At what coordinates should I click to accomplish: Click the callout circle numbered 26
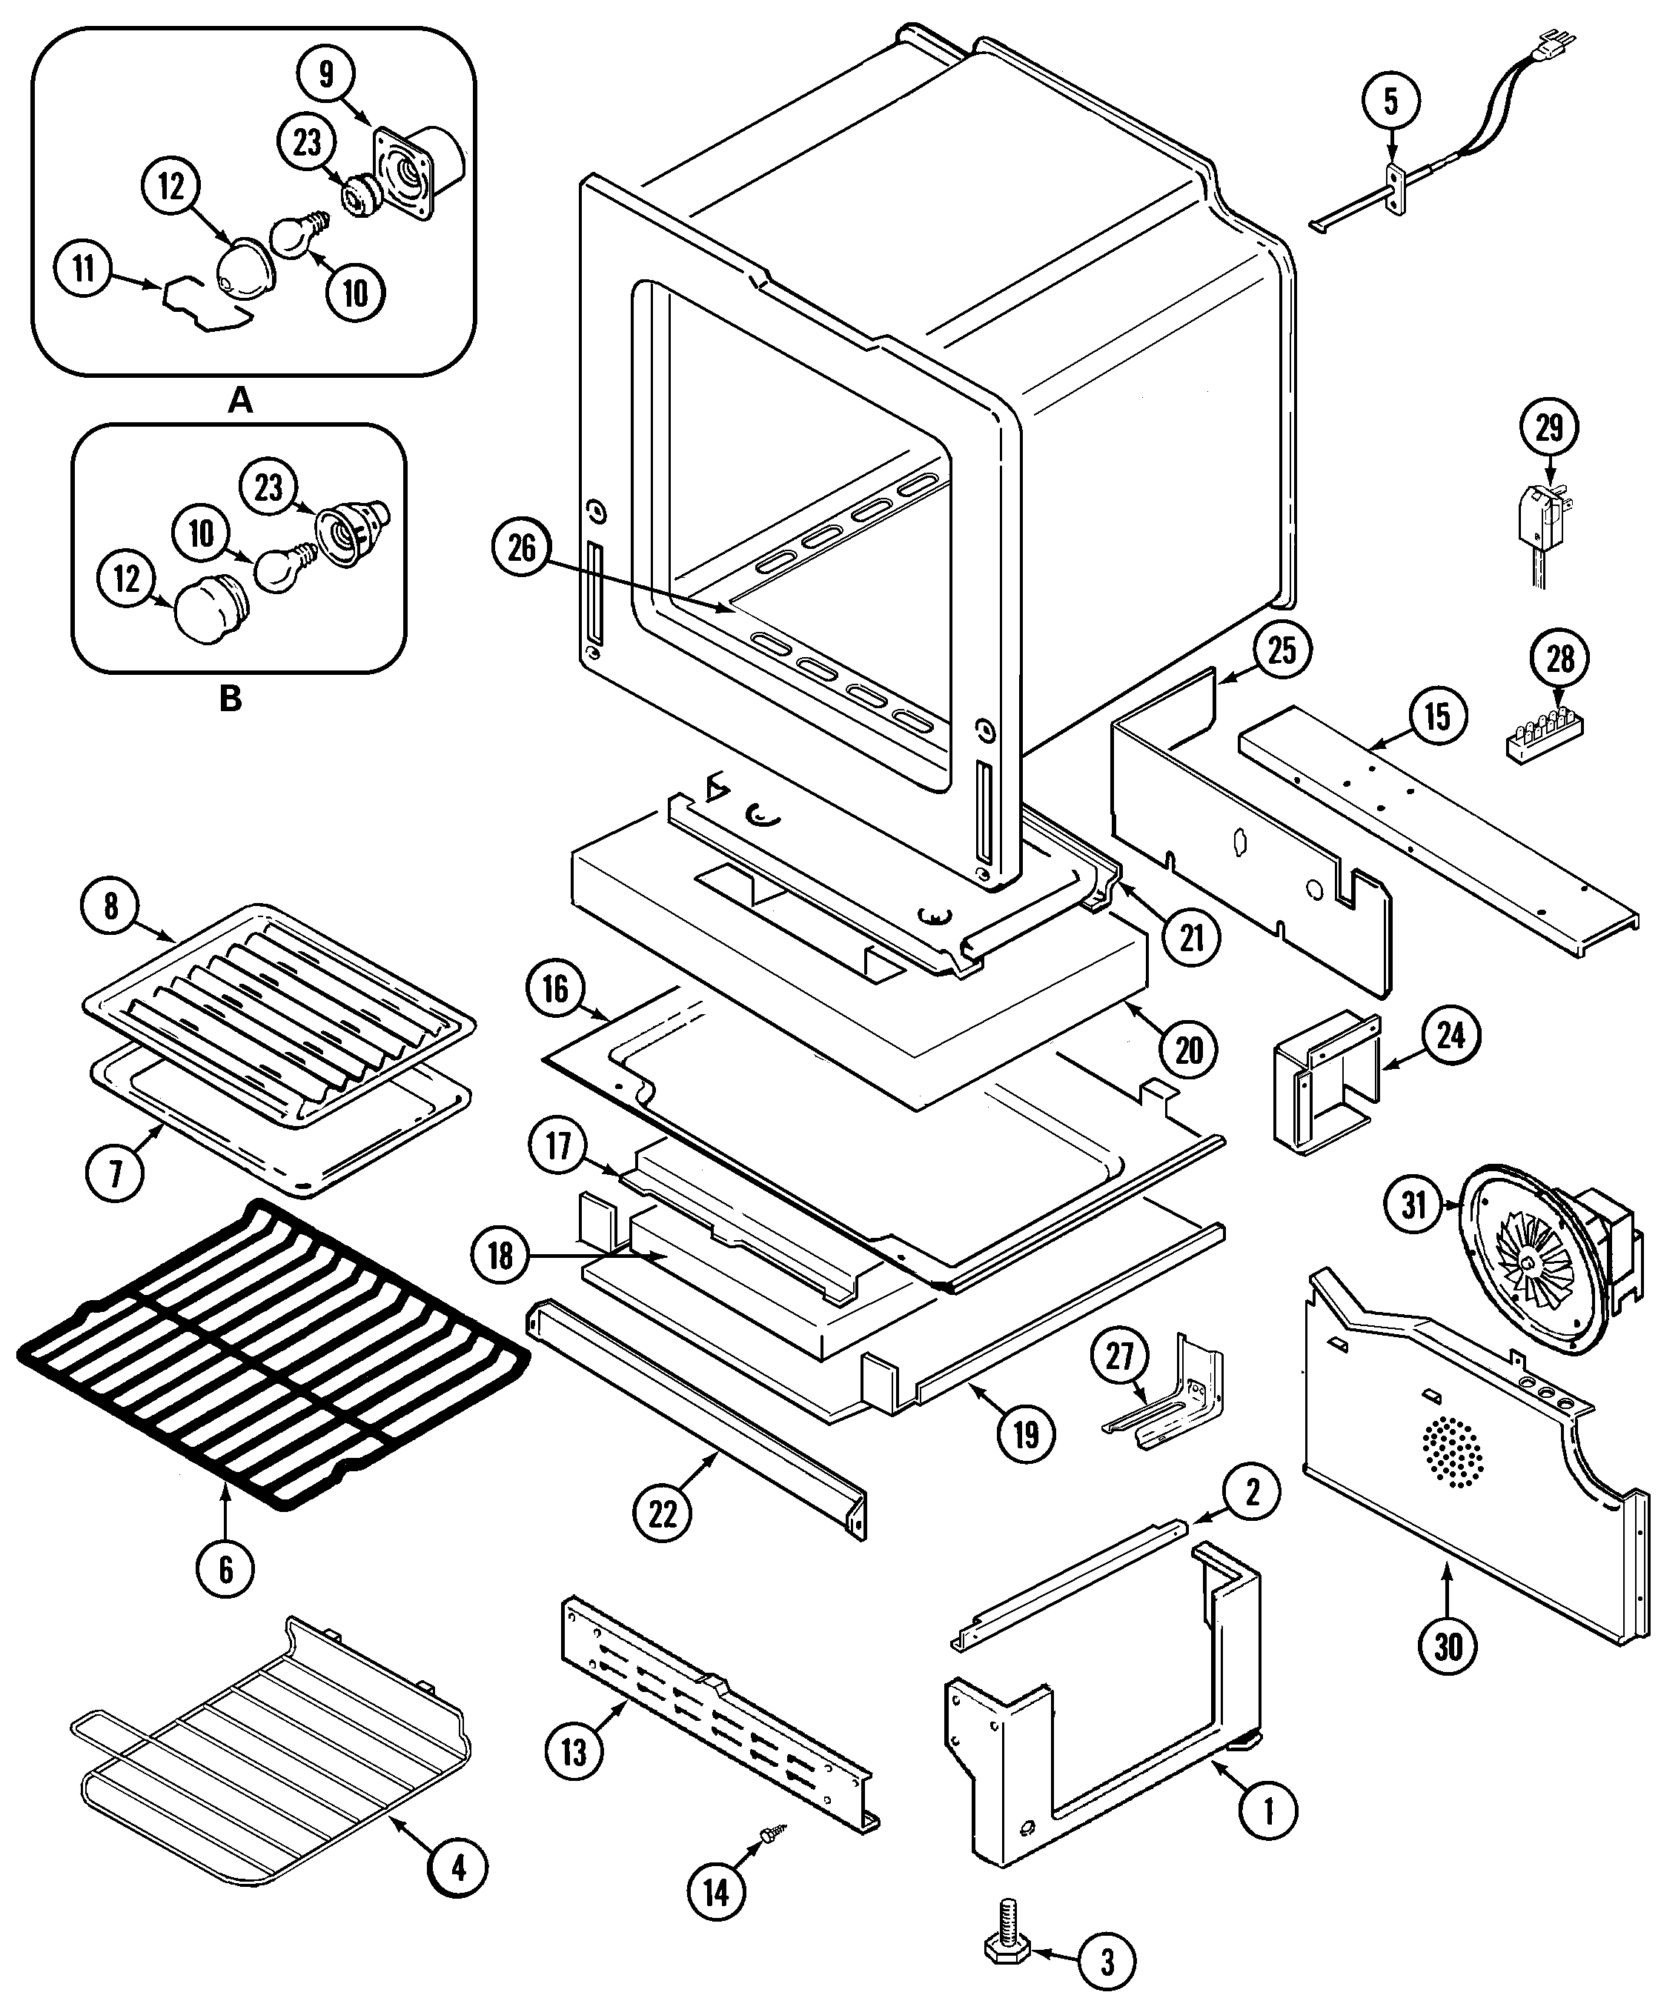(522, 548)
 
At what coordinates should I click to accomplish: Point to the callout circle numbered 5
(1391, 101)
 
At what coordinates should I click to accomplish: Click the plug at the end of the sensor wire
(1561, 44)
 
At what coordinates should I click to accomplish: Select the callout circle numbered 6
(225, 1569)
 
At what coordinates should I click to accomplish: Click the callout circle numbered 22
(663, 1513)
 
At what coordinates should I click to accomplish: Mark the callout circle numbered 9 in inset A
(326, 73)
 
